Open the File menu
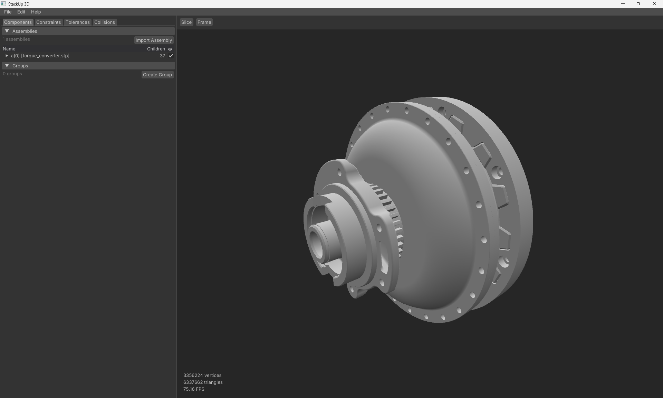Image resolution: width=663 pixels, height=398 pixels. coord(8,12)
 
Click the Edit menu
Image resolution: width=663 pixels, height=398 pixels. coord(21,12)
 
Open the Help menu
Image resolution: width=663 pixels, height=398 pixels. coord(36,12)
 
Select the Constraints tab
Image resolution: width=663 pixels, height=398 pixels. coord(48,22)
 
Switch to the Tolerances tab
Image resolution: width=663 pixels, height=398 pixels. coord(77,22)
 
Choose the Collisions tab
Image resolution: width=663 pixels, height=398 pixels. coord(104,22)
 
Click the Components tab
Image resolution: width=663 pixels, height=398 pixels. coord(18,22)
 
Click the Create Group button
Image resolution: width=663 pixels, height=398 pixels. coord(157,75)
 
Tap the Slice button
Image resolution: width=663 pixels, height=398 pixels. coord(186,22)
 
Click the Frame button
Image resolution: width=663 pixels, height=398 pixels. coord(204,22)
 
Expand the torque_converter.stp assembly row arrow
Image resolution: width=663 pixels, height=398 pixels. coord(7,56)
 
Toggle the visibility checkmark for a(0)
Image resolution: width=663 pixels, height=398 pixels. coord(171,56)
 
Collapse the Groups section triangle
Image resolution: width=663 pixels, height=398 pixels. coord(7,66)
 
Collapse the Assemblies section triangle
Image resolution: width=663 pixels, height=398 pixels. coord(7,31)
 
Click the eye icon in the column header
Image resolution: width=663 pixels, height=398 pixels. coord(170,49)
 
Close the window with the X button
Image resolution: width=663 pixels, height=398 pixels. coord(654,4)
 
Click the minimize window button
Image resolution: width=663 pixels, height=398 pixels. coord(623,4)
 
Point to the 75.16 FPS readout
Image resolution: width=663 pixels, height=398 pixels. coord(194,389)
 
